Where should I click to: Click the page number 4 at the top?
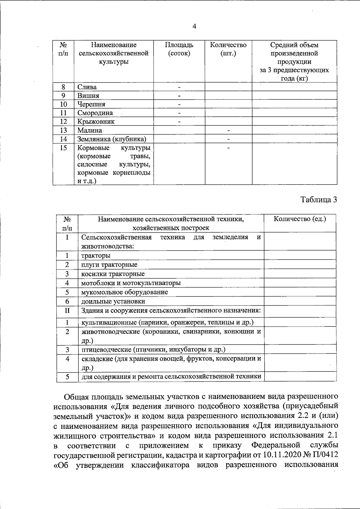(x=194, y=27)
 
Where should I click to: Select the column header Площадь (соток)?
(x=179, y=49)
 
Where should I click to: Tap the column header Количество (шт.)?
(x=228, y=49)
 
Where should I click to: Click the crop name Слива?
(x=87, y=87)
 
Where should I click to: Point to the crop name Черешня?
(x=91, y=104)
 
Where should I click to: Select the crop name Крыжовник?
(x=96, y=122)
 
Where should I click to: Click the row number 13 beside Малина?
(x=63, y=130)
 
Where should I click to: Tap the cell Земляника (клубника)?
(x=112, y=139)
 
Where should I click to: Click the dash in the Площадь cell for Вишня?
(x=179, y=96)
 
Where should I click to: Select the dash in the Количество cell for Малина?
(x=228, y=131)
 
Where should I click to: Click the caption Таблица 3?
(x=319, y=200)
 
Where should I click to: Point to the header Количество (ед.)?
(x=300, y=219)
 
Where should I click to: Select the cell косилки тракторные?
(x=113, y=274)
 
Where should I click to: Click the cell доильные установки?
(x=113, y=301)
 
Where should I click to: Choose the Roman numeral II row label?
(x=67, y=310)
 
